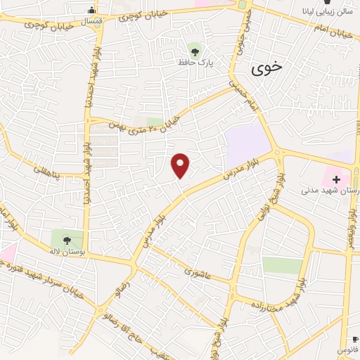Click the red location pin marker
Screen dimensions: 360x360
[181, 165]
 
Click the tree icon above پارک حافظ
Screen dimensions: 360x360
[195, 50]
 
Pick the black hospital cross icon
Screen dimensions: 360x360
[336, 179]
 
